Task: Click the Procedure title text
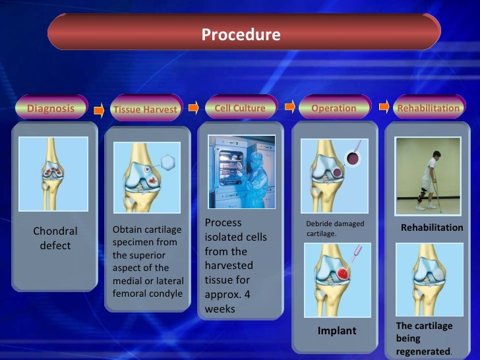(241, 34)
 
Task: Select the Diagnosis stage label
(50, 108)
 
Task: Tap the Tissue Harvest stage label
(145, 109)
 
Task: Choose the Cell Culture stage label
(240, 107)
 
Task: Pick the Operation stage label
(334, 108)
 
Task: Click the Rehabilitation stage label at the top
(429, 108)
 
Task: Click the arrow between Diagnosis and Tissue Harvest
(99, 110)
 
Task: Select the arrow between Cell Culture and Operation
(289, 106)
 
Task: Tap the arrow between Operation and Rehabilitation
(384, 106)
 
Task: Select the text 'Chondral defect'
(55, 238)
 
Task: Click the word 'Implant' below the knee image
(337, 331)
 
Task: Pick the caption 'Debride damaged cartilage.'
(335, 229)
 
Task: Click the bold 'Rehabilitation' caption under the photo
(432, 227)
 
